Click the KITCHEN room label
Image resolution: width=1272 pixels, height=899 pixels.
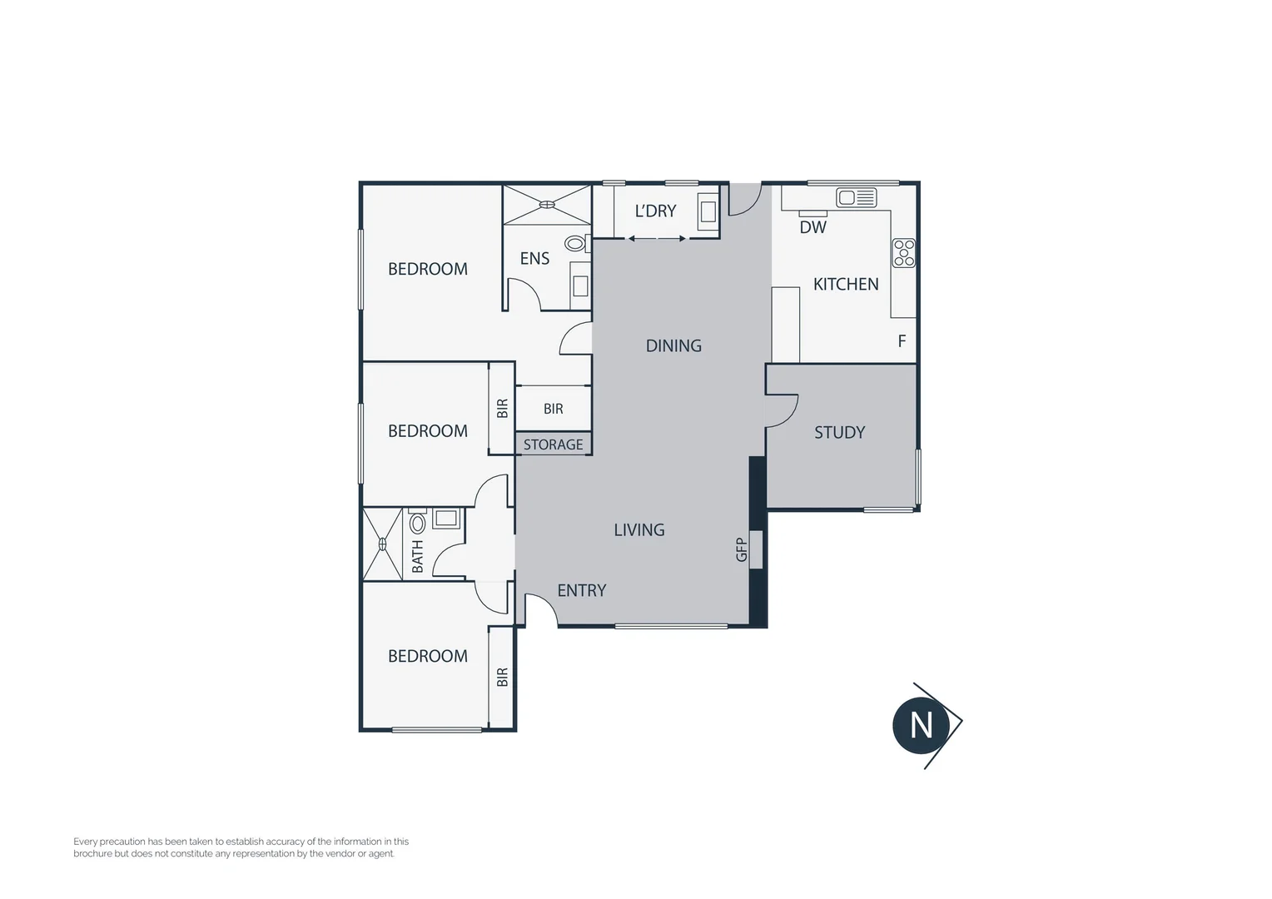[846, 285]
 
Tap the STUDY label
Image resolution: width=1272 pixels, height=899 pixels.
[839, 433]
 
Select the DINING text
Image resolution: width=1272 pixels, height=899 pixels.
[673, 346]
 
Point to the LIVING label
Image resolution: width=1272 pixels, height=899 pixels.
[639, 530]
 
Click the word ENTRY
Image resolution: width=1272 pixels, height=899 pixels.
[581, 591]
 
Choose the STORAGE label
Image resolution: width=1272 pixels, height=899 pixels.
[553, 445]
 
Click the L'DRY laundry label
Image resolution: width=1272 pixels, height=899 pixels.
[655, 211]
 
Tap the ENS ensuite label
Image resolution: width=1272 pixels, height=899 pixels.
[534, 259]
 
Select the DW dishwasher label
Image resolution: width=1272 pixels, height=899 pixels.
[812, 227]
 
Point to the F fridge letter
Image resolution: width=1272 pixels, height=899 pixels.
[902, 341]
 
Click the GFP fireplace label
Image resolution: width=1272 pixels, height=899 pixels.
[742, 549]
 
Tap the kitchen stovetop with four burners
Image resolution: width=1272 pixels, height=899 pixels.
[904, 253]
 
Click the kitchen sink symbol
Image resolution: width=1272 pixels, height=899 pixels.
[857, 197]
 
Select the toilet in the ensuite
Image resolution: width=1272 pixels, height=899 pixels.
[575, 244]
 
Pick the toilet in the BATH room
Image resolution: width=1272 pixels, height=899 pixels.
[418, 524]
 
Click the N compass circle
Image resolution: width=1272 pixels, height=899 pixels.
[922, 725]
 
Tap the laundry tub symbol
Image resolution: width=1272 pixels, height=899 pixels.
[708, 211]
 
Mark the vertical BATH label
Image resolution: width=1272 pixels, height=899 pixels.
[418, 556]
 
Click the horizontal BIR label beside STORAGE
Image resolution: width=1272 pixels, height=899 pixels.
[553, 409]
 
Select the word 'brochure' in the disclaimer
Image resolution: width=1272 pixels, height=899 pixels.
[92, 853]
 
